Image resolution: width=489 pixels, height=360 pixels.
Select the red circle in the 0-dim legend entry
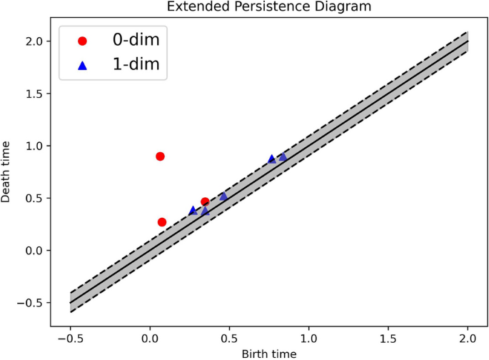[x=82, y=41]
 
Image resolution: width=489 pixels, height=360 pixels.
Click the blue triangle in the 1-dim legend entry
[x=82, y=66]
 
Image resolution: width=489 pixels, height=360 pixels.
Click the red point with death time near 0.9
[x=160, y=156]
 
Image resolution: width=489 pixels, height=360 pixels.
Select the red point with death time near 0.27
[x=162, y=222]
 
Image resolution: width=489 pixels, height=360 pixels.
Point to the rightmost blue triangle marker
[x=283, y=157]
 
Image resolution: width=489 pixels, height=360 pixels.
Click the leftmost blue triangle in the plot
[x=193, y=211]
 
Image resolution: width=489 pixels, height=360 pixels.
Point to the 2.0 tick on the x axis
[x=467, y=329]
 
